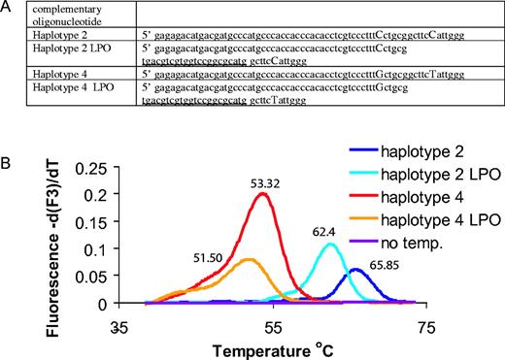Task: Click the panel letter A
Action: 8,8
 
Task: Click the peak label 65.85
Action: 388,262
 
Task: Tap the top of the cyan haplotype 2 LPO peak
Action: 329,245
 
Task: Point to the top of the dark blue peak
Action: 355,269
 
